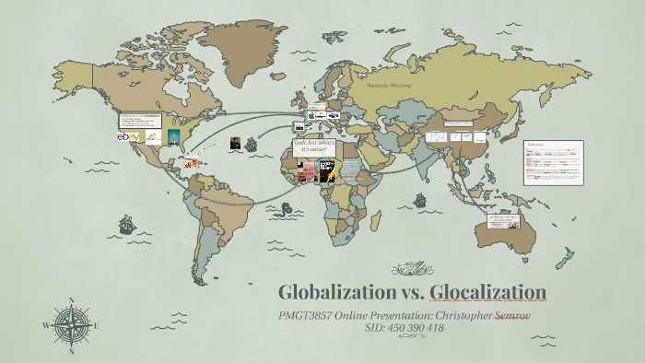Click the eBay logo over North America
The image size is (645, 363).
(x=128, y=137)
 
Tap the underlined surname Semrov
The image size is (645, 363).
(x=517, y=315)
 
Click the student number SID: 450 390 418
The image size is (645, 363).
(x=405, y=328)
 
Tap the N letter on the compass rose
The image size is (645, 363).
(x=71, y=300)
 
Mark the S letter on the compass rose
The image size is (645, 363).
(x=71, y=350)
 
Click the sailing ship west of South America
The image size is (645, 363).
(x=120, y=224)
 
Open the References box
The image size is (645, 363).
(x=553, y=162)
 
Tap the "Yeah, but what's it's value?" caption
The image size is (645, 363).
(x=311, y=149)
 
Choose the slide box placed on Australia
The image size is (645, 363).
(x=506, y=222)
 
